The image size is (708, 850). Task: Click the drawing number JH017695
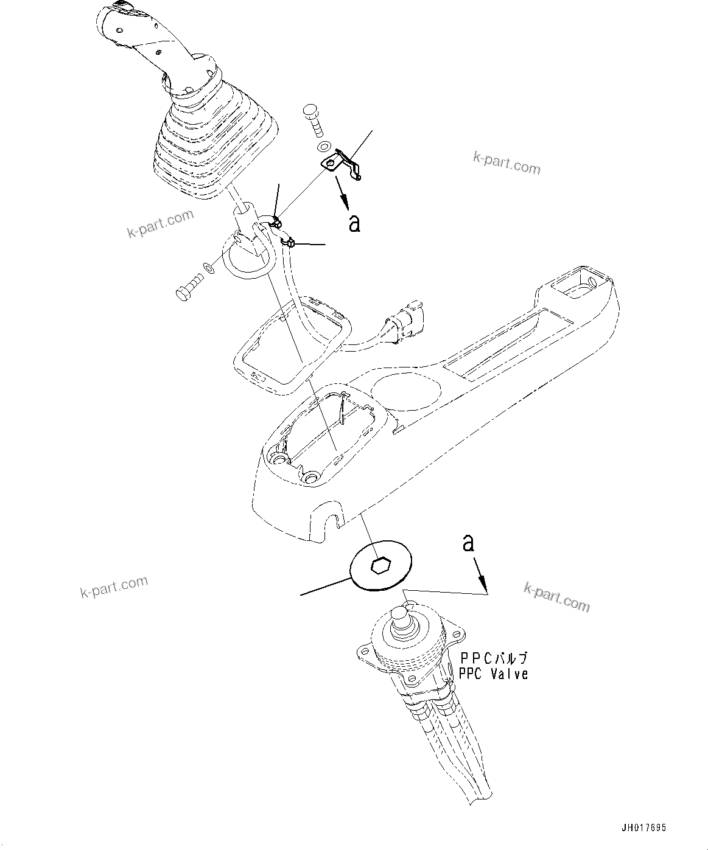644,828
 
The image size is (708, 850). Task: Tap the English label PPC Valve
493,674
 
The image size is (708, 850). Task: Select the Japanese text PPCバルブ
494,658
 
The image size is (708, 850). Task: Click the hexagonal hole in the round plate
382,566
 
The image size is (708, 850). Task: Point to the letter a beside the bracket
354,223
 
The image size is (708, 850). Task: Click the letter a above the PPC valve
468,543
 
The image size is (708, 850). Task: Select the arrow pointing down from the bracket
342,195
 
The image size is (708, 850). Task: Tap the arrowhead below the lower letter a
484,587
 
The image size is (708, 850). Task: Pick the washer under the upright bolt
324,147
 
